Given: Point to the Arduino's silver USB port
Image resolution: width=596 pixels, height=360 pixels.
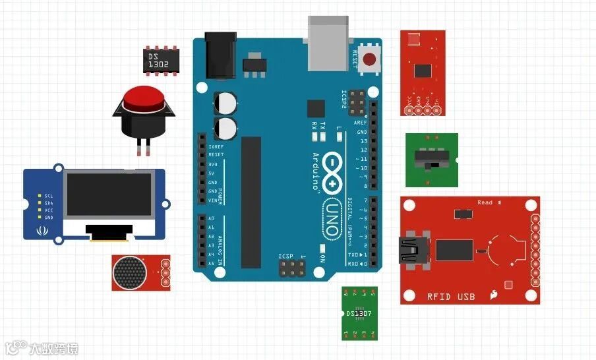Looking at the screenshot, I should (328, 44).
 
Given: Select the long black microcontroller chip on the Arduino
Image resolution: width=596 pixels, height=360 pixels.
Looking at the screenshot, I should (251, 202).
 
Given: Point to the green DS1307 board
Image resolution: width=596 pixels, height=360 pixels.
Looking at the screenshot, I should (359, 313).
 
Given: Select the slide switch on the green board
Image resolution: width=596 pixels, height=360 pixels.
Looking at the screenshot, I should (431, 159).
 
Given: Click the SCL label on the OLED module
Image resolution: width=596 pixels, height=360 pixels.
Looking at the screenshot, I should (48, 196).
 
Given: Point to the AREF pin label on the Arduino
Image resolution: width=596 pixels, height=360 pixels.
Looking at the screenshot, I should (360, 123).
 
